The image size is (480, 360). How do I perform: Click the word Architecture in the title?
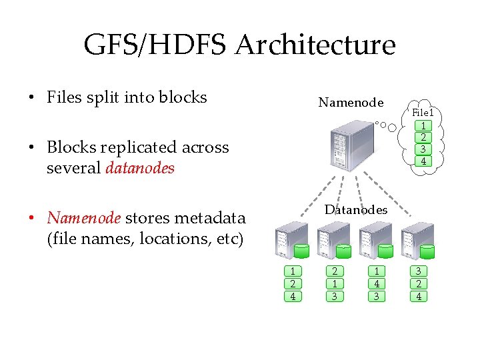click(315, 45)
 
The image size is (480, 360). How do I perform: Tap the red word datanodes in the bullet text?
click(140, 168)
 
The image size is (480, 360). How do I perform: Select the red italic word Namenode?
click(84, 218)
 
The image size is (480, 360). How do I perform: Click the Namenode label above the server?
click(351, 103)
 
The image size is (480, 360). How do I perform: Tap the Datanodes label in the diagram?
click(355, 210)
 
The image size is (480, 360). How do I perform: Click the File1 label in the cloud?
click(423, 113)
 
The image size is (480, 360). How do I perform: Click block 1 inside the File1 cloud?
click(423, 126)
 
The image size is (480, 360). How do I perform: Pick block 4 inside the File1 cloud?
click(423, 161)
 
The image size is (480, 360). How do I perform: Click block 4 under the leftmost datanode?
click(293, 296)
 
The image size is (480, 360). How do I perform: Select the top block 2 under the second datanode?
click(335, 271)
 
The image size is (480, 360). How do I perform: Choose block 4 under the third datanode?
click(377, 284)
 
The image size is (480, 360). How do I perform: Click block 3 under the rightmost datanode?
click(418, 271)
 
